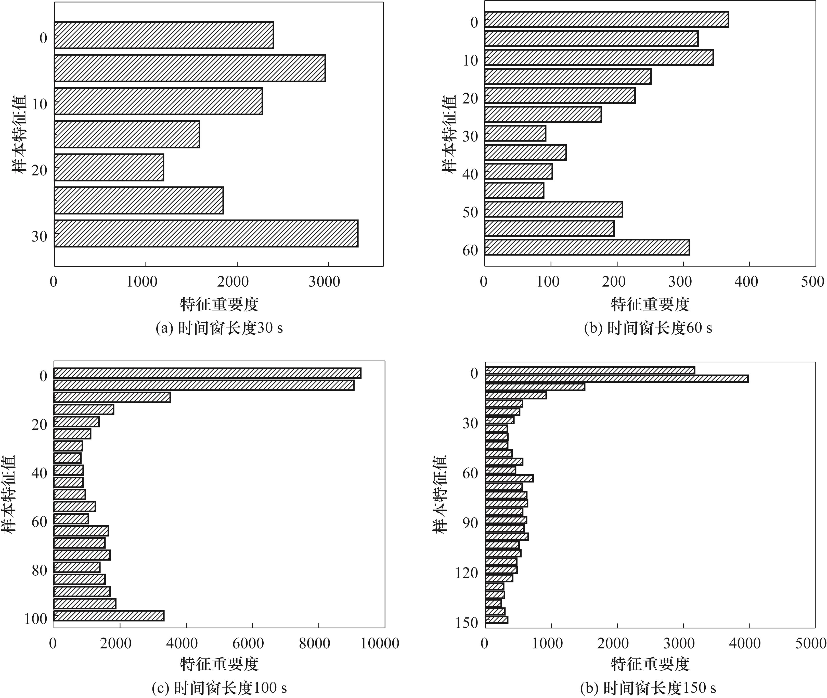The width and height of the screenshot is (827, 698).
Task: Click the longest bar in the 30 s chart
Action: coord(206,233)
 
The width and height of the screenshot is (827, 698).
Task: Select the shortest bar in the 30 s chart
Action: coord(109,167)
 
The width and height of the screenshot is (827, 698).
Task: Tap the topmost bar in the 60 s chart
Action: coord(606,19)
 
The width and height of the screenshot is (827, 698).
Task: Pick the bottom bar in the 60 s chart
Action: coord(587,247)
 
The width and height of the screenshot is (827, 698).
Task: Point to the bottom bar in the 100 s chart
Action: coord(109,616)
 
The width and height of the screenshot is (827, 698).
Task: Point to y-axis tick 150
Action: coord(467,623)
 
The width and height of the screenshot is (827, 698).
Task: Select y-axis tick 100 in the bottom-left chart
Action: coord(36,618)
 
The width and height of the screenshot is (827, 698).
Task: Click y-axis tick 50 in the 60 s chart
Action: coord(470,212)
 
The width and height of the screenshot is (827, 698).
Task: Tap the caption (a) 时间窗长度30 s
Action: coord(219,328)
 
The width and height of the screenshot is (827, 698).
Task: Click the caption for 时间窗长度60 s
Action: coord(648,328)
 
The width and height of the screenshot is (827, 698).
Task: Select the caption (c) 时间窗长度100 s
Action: coord(219,688)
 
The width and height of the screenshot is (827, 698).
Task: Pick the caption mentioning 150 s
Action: coord(648,688)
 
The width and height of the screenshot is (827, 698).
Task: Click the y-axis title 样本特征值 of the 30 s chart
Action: coord(19,135)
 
